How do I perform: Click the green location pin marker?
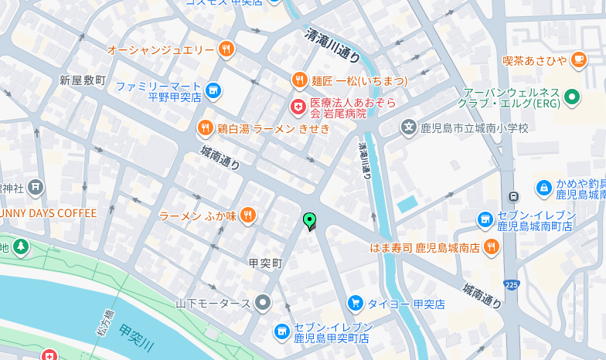click(310, 221)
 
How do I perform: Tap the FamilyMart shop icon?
click(213, 92)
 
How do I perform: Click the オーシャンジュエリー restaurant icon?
click(226, 49)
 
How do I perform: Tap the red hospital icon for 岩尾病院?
click(297, 106)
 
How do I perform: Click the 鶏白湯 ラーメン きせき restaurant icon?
click(205, 128)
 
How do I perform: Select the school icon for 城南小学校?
click(408, 127)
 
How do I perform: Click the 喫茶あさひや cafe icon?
click(578, 59)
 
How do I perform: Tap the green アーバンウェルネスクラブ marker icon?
click(572, 97)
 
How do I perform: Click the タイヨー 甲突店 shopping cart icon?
click(355, 303)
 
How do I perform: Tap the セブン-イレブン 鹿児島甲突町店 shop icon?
click(282, 332)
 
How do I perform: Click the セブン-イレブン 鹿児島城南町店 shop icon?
click(485, 220)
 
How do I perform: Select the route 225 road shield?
click(510, 284)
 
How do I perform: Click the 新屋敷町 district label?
click(83, 80)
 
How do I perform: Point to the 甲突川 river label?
click(138, 338)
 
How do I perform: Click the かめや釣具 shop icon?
click(543, 188)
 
